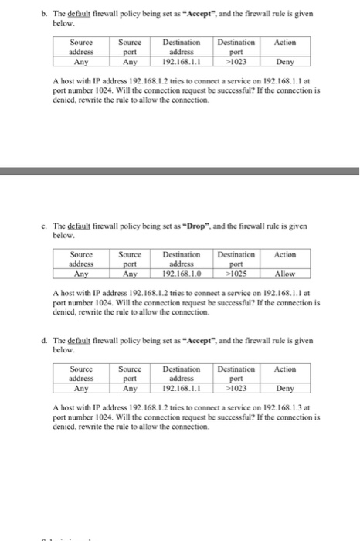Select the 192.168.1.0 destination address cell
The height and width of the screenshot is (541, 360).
[182, 273]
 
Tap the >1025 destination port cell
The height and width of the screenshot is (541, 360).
[236, 273]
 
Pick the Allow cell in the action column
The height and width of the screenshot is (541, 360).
[285, 273]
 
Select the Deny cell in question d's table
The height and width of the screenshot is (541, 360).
[285, 388]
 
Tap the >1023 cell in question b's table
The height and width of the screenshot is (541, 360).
[236, 60]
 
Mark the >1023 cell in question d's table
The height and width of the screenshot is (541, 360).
[236, 388]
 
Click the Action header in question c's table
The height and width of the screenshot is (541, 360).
[285, 254]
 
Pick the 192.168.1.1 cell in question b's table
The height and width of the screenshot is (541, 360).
[182, 60]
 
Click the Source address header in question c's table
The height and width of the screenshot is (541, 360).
[80, 259]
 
